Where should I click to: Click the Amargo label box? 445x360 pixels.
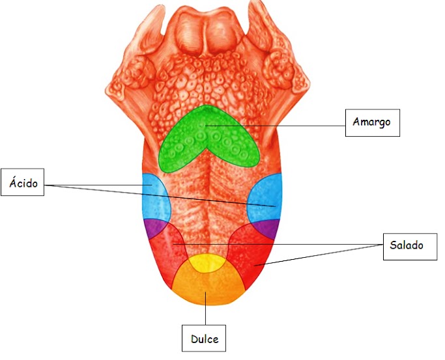click(x=372, y=122)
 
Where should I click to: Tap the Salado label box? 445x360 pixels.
click(x=407, y=245)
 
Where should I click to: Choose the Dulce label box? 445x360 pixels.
click(x=204, y=339)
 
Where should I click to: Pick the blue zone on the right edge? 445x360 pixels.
click(x=266, y=199)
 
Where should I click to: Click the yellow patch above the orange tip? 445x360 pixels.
click(x=208, y=263)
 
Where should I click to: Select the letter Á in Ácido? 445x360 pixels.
click(x=13, y=184)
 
